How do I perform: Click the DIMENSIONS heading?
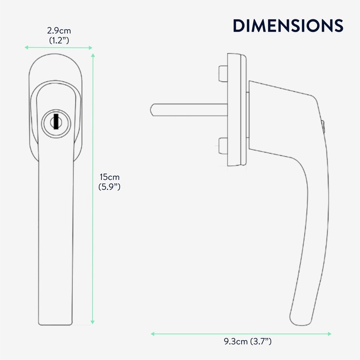coord(288,26)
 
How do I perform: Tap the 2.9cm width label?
coord(59,31)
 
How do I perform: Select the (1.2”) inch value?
coord(59,40)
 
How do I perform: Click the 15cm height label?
coord(109,176)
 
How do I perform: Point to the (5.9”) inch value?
coord(109,185)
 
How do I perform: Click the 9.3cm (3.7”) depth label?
coord(241,342)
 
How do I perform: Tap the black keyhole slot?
coord(55,121)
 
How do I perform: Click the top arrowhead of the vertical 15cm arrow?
coord(93,55)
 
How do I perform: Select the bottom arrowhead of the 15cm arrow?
coord(93,322)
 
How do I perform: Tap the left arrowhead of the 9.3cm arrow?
coord(153,334)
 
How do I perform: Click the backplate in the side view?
coord(236,110)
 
